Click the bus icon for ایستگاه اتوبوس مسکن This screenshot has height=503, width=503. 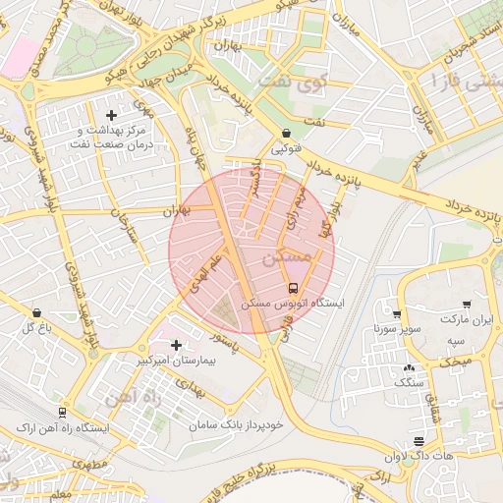click(294, 288)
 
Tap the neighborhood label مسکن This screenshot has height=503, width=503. click(287, 257)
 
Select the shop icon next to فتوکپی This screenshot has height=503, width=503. click(286, 133)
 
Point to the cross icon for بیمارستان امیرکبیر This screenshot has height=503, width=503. click(176, 345)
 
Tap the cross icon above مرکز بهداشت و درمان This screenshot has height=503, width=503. click(124, 115)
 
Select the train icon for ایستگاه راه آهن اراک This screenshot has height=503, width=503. click(62, 414)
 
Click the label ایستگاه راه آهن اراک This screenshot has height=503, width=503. click(62, 430)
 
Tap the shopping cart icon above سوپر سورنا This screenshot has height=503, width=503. click(396, 314)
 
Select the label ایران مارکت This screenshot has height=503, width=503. click(467, 320)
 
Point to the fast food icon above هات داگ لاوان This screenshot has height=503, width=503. click(419, 441)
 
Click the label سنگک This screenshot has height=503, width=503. click(405, 380)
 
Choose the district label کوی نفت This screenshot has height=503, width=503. click(295, 84)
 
